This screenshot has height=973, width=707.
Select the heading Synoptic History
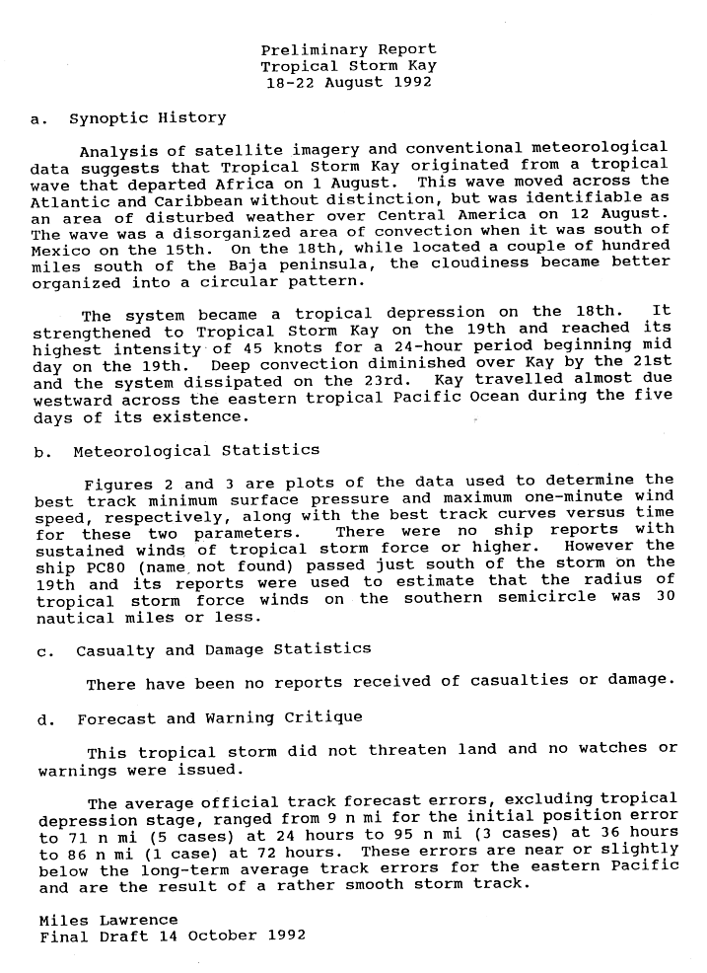tap(148, 118)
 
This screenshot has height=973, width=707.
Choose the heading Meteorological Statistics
tap(196, 451)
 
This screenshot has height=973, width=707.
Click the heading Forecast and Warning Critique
tap(220, 718)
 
